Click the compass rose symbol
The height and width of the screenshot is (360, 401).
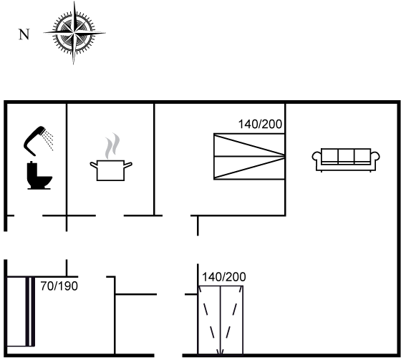pos(74,33)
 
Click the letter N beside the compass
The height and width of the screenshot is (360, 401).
pos(24,34)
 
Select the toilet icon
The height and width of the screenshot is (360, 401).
pos(39,175)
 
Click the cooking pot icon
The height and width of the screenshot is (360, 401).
pos(111,170)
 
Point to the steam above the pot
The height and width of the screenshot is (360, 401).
pos(112,146)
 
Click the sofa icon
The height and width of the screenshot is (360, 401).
pos(346,160)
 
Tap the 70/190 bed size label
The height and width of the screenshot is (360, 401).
pos(59,286)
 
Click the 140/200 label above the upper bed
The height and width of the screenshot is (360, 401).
pos(260,124)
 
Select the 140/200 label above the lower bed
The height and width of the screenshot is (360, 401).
pos(224,277)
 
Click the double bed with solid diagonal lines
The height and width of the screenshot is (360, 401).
pos(249,157)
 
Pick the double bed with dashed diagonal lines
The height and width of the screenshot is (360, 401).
pos(221,321)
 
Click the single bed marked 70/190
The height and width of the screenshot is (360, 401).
pos(21,311)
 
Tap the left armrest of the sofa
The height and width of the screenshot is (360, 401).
pos(317,156)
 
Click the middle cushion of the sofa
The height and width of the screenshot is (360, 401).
pos(346,155)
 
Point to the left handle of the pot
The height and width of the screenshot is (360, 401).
pos(94,165)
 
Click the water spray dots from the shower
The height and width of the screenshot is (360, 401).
pos(49,140)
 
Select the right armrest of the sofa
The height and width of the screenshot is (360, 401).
pos(375,156)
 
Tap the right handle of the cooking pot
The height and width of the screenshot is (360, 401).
pos(128,165)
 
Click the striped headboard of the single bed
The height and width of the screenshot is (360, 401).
pos(30,311)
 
